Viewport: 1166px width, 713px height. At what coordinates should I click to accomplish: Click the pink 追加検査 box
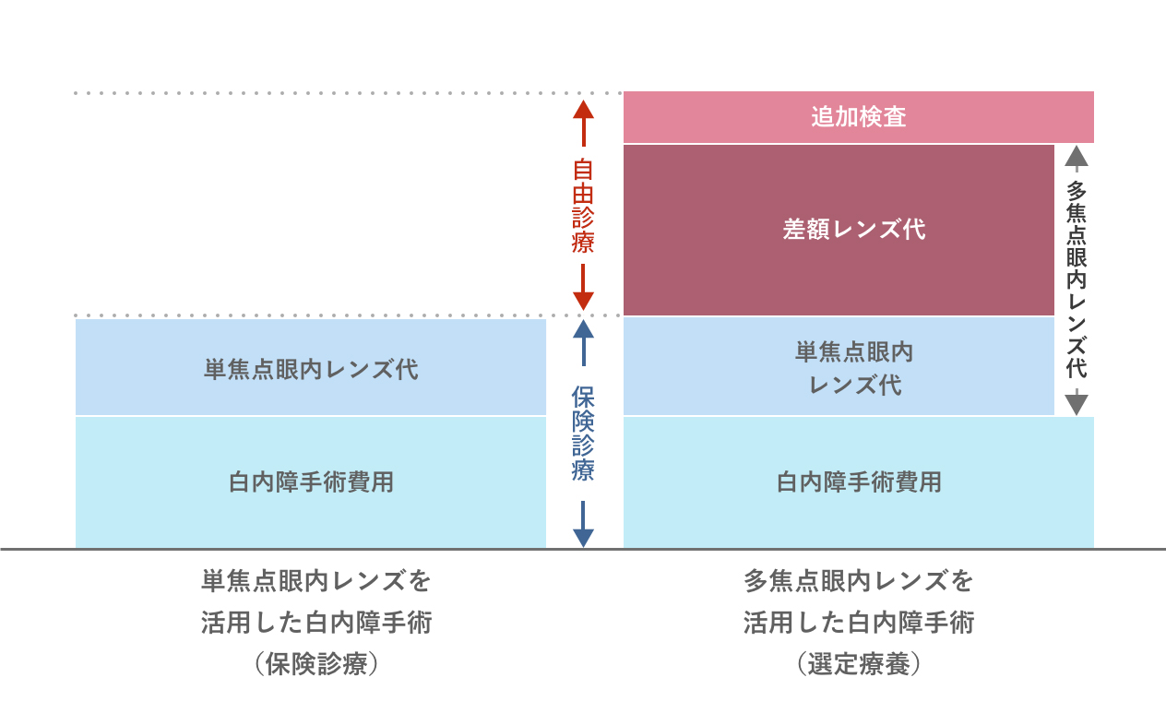point(858,117)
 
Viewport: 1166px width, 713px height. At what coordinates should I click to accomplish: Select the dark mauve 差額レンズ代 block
point(839,230)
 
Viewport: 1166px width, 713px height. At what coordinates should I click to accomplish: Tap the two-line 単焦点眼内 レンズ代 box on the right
point(839,367)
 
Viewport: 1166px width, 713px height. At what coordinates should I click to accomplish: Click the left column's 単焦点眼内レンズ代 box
point(311,369)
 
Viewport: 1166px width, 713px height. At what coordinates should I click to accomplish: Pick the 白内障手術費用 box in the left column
point(311,481)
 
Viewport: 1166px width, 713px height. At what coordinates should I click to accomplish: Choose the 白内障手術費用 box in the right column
point(858,481)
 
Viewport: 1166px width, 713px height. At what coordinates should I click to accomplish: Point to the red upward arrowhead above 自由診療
point(583,110)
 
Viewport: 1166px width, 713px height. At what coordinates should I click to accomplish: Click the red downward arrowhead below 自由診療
point(583,300)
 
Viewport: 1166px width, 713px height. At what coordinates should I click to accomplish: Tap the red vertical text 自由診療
point(583,206)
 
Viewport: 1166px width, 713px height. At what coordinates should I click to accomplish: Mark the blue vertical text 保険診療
point(583,434)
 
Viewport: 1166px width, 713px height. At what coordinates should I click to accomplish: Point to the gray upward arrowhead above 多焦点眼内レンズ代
point(1077,156)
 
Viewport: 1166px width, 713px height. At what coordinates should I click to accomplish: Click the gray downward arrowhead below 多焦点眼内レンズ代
point(1077,404)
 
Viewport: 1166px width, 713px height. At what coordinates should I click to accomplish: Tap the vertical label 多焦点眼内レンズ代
point(1077,279)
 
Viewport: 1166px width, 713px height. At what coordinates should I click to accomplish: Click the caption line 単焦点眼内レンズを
point(316,582)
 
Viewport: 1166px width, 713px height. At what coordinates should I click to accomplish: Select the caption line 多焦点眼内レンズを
point(858,582)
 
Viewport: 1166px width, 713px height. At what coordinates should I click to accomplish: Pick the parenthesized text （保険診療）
point(316,664)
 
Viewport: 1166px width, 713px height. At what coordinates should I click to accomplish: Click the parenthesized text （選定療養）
point(858,664)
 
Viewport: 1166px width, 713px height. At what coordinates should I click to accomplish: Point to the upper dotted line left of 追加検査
point(323,93)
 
